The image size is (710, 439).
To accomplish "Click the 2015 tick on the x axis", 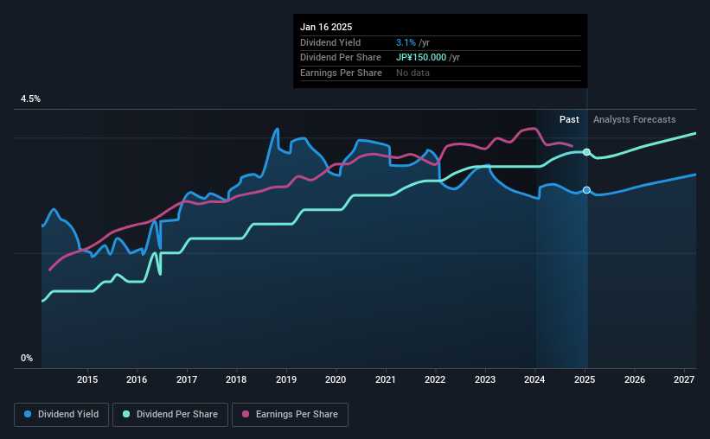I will click(86, 379).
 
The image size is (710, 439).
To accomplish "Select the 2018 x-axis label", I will click(236, 379).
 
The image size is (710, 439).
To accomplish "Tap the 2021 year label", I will click(386, 379).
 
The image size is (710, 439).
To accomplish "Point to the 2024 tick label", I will click(535, 379).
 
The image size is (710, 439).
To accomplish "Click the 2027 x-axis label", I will click(684, 379).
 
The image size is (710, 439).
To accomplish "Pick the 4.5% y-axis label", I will click(30, 99).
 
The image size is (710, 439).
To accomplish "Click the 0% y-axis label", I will click(27, 358).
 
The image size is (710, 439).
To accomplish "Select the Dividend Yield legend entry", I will click(61, 415).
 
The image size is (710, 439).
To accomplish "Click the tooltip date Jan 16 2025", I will click(326, 27).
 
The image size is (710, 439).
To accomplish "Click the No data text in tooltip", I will click(413, 73).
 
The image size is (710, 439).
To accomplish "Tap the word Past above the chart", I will click(569, 119).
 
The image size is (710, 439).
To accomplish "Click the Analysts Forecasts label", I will click(634, 119).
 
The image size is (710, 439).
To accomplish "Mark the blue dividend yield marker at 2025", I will click(586, 190).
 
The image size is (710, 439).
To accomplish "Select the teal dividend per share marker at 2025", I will click(586, 152).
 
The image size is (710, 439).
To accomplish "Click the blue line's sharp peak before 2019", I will click(277, 129).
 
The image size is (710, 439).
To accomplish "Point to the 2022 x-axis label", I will click(435, 379).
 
